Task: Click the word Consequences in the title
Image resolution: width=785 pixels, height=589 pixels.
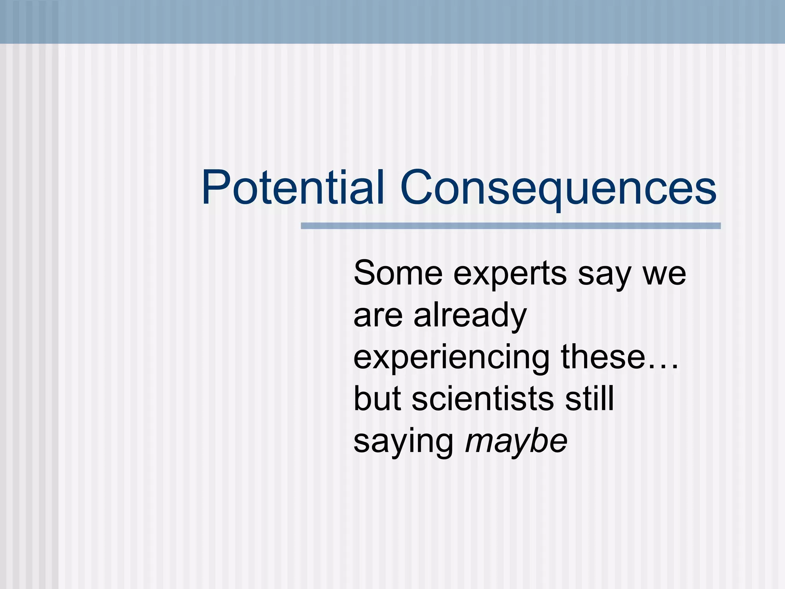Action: [x=558, y=188]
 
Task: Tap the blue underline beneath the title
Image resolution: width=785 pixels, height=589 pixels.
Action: [x=511, y=226]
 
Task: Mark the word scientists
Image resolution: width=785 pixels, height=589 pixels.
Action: [x=483, y=399]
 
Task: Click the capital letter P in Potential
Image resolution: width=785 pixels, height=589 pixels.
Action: [x=215, y=188]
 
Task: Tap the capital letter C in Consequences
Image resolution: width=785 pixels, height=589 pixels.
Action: [x=417, y=188]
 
